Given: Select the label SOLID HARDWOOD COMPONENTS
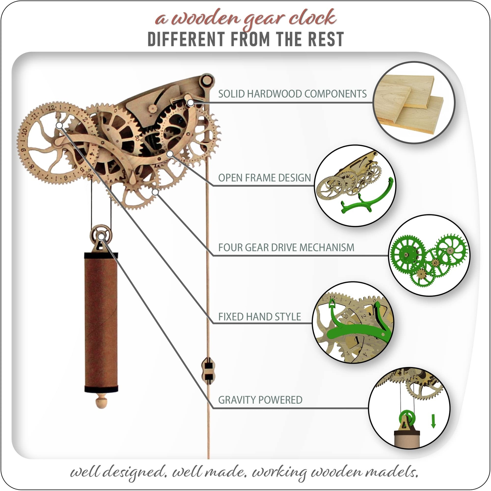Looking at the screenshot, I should click(292, 94).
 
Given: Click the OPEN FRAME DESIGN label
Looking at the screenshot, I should click(264, 178).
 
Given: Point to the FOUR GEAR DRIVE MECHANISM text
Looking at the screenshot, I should click(286, 247).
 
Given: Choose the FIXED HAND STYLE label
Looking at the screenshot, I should click(259, 317).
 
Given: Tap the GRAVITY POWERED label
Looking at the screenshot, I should click(260, 400).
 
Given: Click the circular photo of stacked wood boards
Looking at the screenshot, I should click(414, 103).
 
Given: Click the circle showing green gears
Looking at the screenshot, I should click(429, 255).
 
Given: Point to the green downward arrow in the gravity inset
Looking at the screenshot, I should click(433, 421).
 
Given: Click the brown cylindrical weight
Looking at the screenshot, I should click(101, 322).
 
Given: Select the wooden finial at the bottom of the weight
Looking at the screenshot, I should click(101, 402).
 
